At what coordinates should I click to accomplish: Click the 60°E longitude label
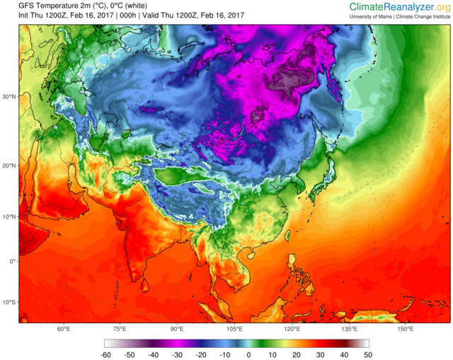pyautogui.click(x=63, y=329)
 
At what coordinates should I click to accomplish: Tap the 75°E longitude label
pyautogui.click(x=120, y=329)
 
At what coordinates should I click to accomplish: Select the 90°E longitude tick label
pyautogui.click(x=177, y=329)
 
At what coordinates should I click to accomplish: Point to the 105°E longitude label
pyautogui.click(x=235, y=329)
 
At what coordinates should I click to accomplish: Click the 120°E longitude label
pyautogui.click(x=292, y=329)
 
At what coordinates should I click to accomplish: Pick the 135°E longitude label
pyautogui.click(x=349, y=329)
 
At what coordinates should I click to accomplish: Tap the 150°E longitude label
pyautogui.click(x=406, y=329)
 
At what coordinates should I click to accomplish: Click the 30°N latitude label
pyautogui.click(x=9, y=97)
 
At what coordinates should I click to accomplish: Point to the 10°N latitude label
pyautogui.click(x=9, y=216)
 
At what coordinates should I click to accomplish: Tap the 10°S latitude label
pyautogui.click(x=9, y=302)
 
